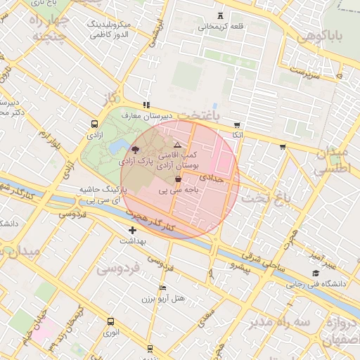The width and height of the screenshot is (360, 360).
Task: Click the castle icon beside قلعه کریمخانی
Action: [x=223, y=15]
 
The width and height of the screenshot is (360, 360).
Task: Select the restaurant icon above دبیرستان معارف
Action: [x=146, y=105]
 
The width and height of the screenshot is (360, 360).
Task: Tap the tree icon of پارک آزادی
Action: [x=135, y=150]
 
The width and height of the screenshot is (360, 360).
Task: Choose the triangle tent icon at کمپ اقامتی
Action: [x=177, y=144]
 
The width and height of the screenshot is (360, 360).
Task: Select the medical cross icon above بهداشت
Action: [x=132, y=230]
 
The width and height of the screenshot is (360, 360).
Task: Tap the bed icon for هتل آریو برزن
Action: [x=163, y=288]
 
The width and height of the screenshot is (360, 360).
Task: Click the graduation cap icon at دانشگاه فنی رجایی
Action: [x=316, y=274]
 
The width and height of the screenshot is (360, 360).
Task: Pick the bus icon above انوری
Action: [x=110, y=322]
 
